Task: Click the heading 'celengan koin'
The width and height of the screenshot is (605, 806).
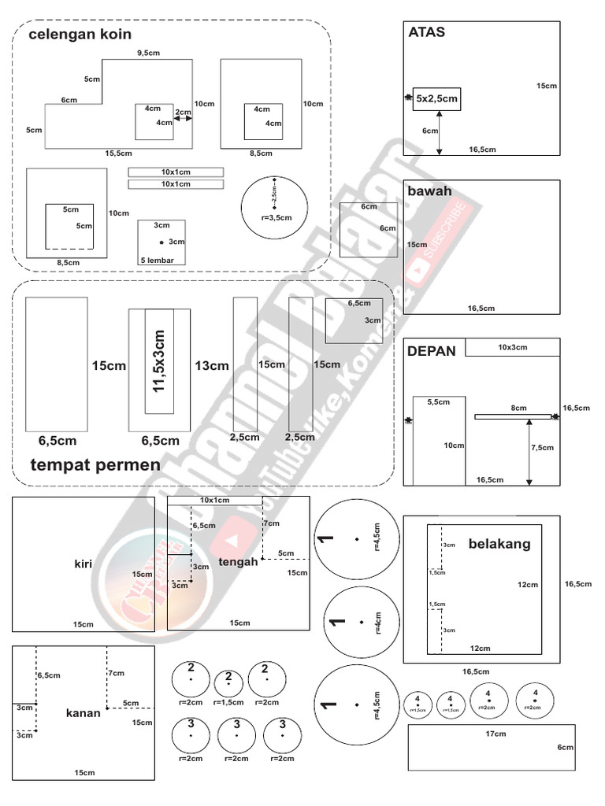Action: click(x=80, y=35)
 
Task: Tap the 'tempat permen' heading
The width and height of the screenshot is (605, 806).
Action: click(x=95, y=464)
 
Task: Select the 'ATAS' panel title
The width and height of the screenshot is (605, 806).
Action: click(x=426, y=32)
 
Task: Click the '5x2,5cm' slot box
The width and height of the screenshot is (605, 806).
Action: click(x=436, y=99)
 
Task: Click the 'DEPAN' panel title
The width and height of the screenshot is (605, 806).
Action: click(x=432, y=351)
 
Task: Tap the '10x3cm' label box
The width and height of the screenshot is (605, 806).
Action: click(x=512, y=347)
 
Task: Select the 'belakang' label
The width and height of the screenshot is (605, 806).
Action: click(x=499, y=543)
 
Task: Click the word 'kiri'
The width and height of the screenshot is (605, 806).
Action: click(x=83, y=563)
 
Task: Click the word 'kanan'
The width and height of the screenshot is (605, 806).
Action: click(x=84, y=713)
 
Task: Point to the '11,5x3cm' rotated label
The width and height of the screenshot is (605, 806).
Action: click(x=160, y=361)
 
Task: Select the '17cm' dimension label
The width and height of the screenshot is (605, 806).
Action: click(x=496, y=734)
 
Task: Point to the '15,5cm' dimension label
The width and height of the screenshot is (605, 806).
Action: click(x=118, y=153)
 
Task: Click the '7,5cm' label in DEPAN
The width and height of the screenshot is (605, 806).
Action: click(x=542, y=447)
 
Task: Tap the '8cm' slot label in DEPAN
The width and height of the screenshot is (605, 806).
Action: click(x=518, y=408)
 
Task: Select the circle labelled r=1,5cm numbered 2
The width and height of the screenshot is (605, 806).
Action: click(x=228, y=683)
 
